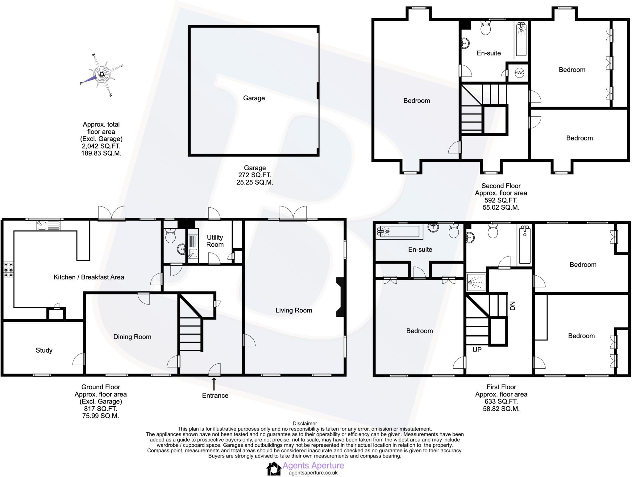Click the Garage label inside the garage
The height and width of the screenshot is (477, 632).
254,98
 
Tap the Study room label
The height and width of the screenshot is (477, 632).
44,350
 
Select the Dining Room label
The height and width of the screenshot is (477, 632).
132,337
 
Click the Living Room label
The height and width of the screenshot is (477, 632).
293,310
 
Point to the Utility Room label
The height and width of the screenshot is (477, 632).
215,241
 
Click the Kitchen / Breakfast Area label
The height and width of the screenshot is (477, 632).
89,277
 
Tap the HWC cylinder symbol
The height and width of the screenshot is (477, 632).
519,73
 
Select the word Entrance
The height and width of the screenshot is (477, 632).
215,395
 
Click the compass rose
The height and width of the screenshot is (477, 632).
102,74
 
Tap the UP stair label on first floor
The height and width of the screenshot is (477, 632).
477,350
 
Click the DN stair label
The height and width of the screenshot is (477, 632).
513,306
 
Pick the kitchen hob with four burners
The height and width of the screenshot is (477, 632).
8,270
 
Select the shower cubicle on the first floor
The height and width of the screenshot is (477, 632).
476,282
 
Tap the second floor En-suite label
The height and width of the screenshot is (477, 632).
489,53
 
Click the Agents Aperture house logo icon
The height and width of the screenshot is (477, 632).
274,469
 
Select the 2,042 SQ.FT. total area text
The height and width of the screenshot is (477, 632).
101,146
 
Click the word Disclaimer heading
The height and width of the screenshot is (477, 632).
305,424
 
